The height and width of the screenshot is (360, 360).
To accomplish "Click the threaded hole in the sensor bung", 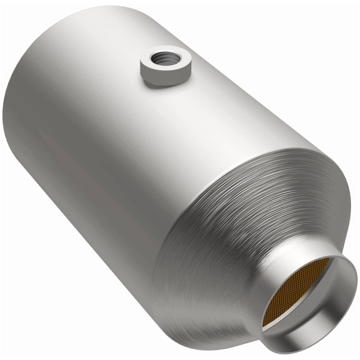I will pyautogui.click(x=161, y=59).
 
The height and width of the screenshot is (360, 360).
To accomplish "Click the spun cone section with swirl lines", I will pyautogui.click(x=216, y=234).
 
